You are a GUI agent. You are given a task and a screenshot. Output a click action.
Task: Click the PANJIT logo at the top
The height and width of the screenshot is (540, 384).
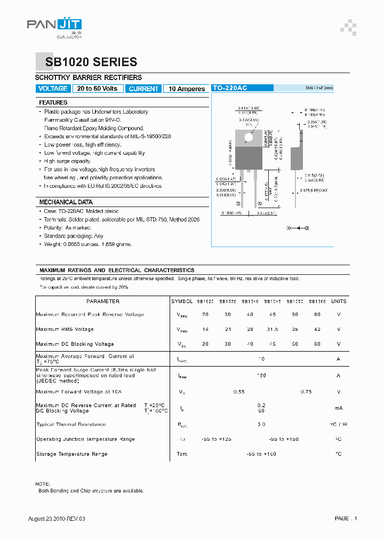pyautogui.click(x=54, y=27)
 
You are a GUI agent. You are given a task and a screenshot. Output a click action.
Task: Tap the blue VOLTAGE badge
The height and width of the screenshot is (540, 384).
pyautogui.click(x=53, y=89)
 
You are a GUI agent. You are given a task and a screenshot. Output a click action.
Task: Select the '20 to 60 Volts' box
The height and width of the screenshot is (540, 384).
pyautogui.click(x=98, y=89)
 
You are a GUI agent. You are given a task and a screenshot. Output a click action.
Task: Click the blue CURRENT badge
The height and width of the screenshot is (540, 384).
pyautogui.click(x=143, y=89)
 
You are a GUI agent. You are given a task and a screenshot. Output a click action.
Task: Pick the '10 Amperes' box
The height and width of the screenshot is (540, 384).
pyautogui.click(x=187, y=89)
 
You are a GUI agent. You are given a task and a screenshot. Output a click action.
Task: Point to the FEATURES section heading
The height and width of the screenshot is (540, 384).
pyautogui.click(x=53, y=102)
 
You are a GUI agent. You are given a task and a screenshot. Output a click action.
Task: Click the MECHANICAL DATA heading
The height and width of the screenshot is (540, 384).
pyautogui.click(x=66, y=202)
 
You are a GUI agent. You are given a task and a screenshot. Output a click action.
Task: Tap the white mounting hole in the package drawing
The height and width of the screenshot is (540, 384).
pyautogui.click(x=249, y=137)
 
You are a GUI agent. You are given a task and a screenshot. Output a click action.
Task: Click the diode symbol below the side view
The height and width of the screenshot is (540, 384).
pyautogui.click(x=298, y=228)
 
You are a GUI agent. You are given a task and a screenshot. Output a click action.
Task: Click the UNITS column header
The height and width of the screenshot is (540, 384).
pyautogui.click(x=338, y=301)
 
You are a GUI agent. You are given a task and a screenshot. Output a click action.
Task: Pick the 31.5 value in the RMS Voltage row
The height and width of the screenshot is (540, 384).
pyautogui.click(x=273, y=329)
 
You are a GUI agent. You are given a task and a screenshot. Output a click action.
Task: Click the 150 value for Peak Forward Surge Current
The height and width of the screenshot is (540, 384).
pyautogui.click(x=261, y=376)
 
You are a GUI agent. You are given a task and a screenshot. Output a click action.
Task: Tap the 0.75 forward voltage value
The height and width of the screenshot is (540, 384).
pyautogui.click(x=306, y=392)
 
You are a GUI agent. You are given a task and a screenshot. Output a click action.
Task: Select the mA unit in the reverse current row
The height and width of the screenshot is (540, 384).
pyautogui.click(x=338, y=408)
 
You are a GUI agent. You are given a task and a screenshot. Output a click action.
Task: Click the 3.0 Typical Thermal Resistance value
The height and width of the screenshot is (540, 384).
pyautogui.click(x=261, y=425)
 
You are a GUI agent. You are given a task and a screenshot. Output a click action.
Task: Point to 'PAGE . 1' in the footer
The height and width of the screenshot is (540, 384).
pyautogui.click(x=346, y=518)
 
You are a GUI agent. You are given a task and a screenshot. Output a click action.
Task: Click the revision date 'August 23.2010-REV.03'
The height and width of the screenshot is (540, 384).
pyautogui.click(x=57, y=518)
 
